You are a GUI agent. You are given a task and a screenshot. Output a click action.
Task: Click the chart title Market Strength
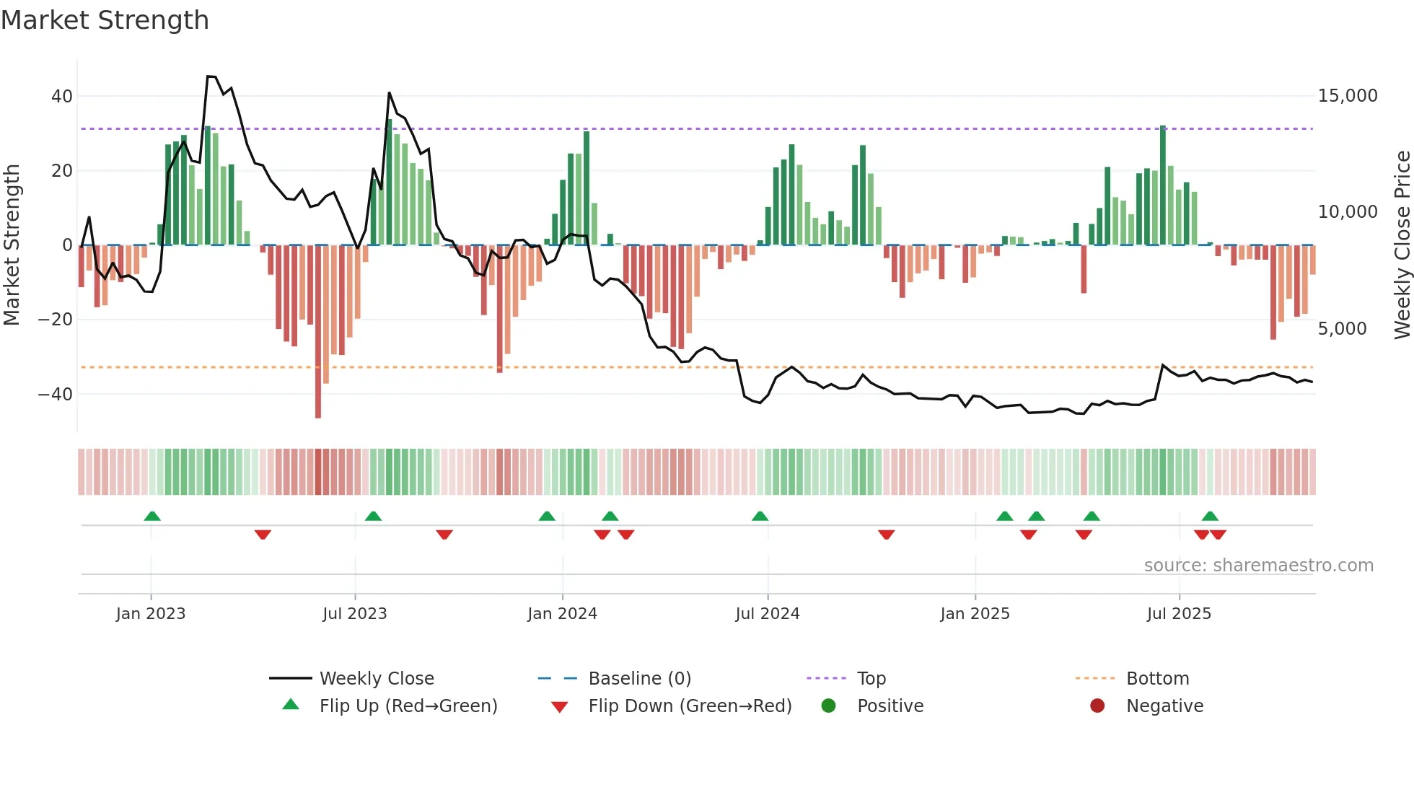coord(105,20)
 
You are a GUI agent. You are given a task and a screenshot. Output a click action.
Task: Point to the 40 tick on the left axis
coord(62,96)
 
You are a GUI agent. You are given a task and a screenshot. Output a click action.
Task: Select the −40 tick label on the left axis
coord(56,394)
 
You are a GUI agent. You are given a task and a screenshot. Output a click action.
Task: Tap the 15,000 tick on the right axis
coord(1347,96)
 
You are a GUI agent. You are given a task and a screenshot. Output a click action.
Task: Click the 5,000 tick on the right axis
coord(1342,329)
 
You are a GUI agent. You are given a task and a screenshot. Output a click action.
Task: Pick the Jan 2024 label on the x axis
coord(562,614)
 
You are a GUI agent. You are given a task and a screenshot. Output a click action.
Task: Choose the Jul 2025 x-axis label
coord(1179,614)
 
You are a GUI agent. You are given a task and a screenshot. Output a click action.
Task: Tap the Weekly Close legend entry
coord(376,679)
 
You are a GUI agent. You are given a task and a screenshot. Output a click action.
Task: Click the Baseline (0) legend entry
coord(639,679)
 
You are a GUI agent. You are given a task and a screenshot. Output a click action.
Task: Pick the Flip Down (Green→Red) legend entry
coord(689,706)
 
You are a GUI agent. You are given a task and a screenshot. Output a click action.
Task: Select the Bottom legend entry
coord(1157,679)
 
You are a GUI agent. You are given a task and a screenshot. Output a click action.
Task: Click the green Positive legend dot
coord(828,706)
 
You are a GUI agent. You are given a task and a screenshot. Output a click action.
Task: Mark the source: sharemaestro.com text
coord(1258,566)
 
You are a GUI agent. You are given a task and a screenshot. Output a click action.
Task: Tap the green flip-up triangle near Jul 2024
coord(760,516)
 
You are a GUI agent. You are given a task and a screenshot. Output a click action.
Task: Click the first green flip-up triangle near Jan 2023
coord(151,516)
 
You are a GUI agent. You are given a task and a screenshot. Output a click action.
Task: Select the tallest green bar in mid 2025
coord(1163,185)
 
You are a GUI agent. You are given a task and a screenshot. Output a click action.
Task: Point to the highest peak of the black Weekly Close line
coord(211,76)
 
